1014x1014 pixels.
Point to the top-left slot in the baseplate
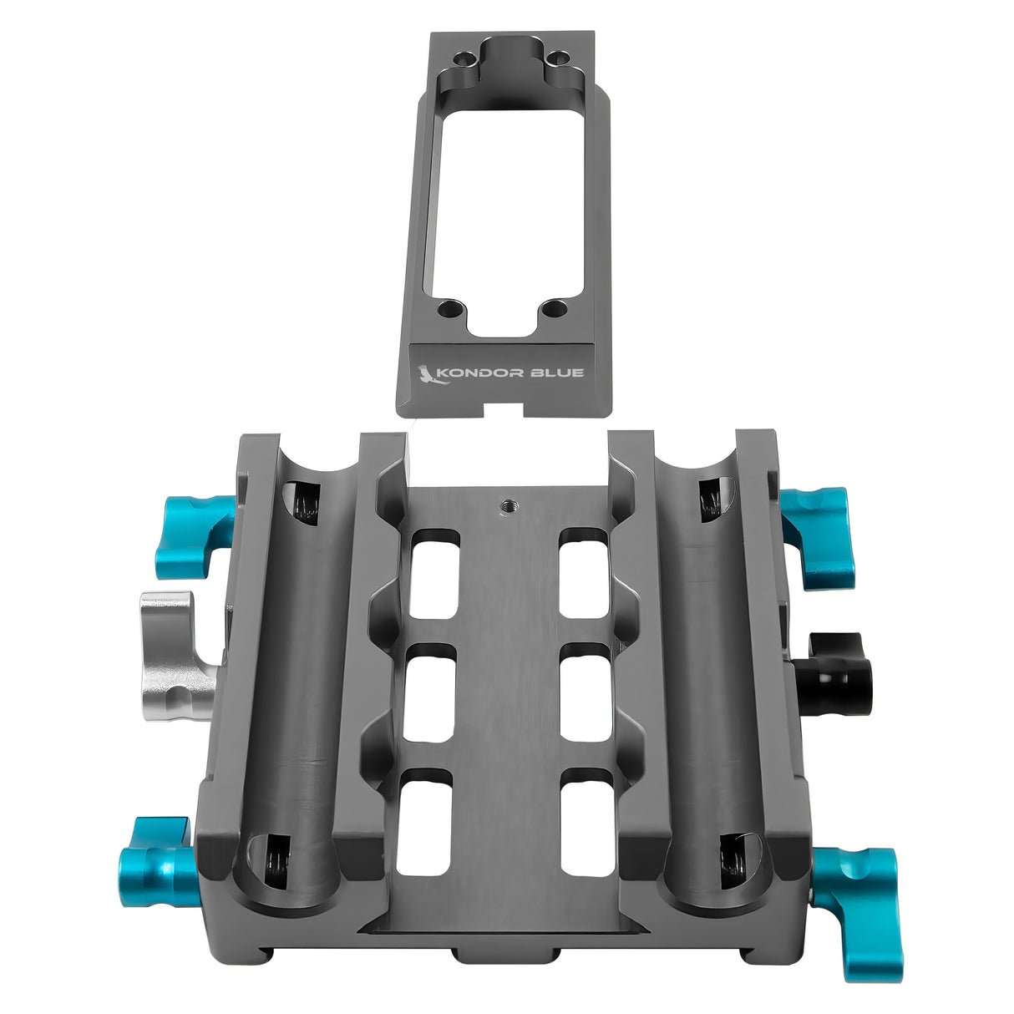(x=434, y=574)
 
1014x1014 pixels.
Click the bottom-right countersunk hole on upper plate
(x=552, y=309)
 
